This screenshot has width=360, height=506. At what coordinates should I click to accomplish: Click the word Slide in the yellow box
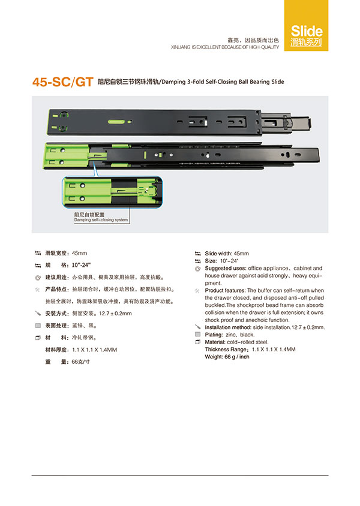(x=307, y=31)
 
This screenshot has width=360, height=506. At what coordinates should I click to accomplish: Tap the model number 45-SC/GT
(x=63, y=82)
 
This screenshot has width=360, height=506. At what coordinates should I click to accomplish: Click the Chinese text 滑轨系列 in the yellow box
(x=306, y=43)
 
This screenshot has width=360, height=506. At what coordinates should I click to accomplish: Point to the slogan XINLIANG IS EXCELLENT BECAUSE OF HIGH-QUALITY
(x=225, y=47)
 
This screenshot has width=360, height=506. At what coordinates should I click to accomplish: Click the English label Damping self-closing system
(x=101, y=220)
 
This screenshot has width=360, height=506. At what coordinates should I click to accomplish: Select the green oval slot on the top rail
(x=116, y=122)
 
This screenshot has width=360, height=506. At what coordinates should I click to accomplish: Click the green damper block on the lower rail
(x=66, y=156)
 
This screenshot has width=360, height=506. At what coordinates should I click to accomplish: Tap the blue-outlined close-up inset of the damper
(x=112, y=192)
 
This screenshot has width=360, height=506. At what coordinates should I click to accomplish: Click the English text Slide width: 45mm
(x=227, y=254)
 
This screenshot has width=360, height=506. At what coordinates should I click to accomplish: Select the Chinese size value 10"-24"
(x=81, y=265)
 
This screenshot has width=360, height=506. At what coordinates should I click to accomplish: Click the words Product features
(x=225, y=290)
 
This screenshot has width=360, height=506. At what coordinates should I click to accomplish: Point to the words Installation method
(x=227, y=327)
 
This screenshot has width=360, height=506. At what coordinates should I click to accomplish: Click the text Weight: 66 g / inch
(x=227, y=357)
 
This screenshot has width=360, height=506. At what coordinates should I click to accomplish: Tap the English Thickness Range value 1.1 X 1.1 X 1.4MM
(x=274, y=350)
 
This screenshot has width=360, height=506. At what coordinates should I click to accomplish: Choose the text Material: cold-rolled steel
(x=236, y=342)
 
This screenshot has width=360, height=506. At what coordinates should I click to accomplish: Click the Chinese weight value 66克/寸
(x=81, y=362)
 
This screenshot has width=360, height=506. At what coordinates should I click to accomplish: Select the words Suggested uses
(x=226, y=268)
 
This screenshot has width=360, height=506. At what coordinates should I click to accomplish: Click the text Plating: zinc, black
(x=230, y=335)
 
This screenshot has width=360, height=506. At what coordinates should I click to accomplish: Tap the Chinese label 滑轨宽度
(x=56, y=253)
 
